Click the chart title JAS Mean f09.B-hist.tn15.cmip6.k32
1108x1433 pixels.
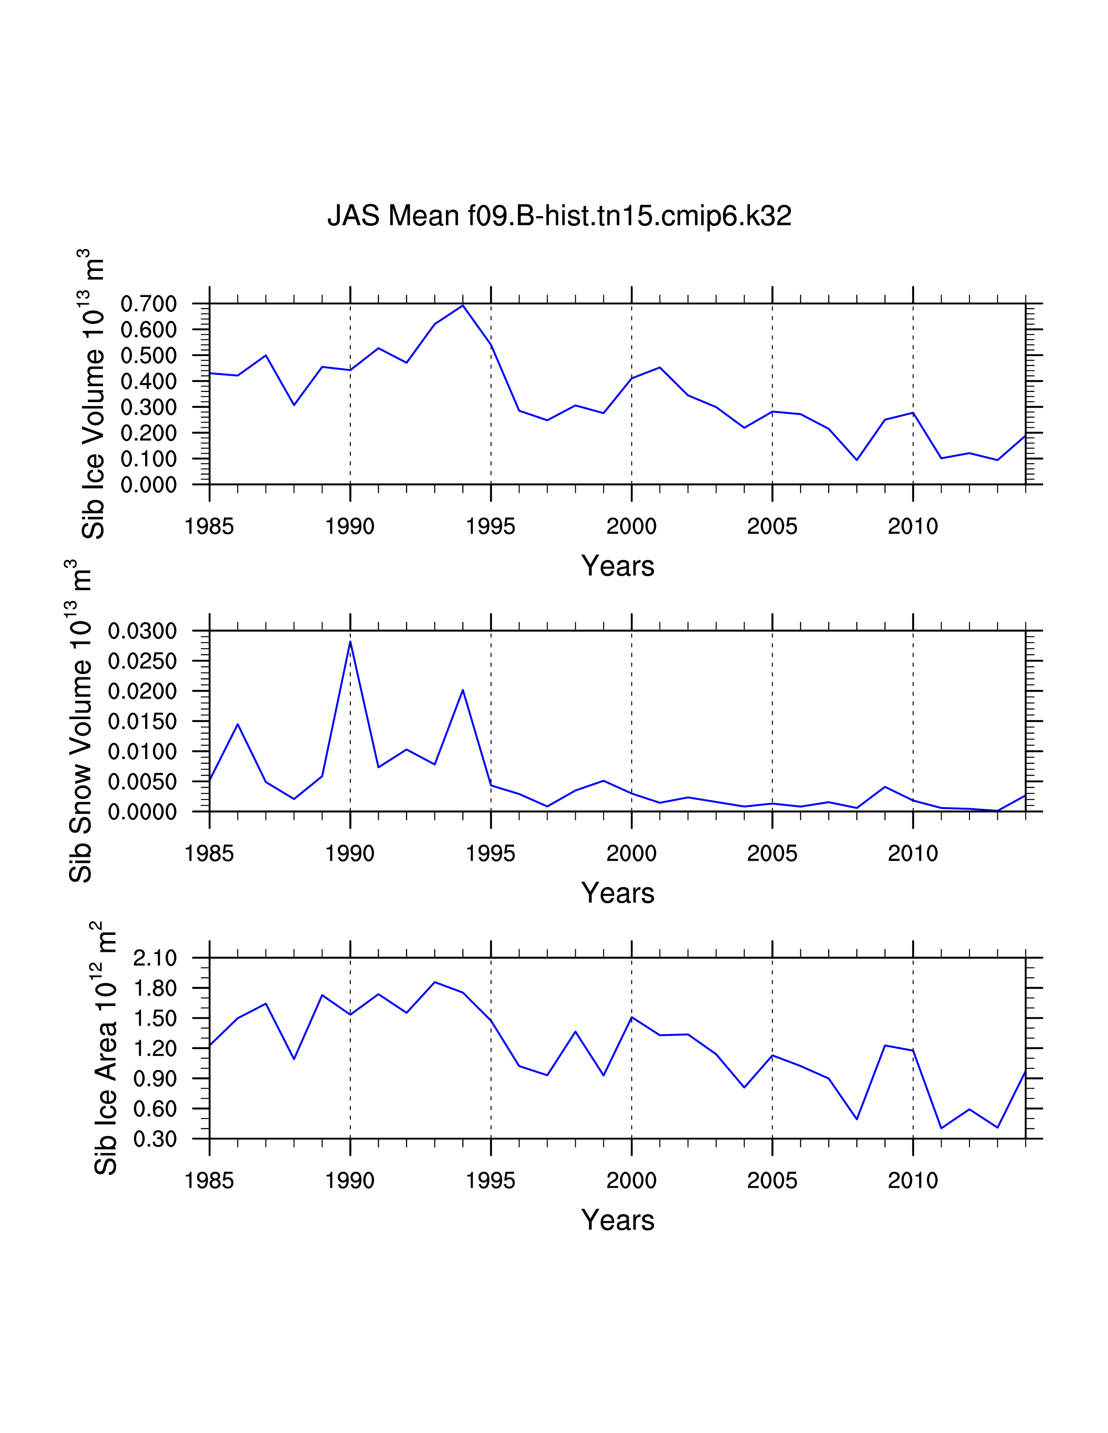(x=559, y=216)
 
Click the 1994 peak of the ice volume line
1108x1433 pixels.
(x=463, y=305)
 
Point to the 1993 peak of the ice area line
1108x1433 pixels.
(x=435, y=982)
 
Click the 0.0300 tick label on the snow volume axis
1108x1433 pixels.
(x=143, y=631)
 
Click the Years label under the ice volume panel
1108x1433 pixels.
(x=618, y=565)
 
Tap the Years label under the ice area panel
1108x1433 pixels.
(x=618, y=1220)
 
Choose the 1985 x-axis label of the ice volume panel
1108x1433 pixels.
(x=209, y=526)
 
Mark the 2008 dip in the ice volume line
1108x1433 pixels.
(x=856, y=460)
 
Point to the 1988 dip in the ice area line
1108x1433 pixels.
(x=294, y=1059)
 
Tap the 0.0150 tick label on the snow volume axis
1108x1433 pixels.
(x=143, y=722)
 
